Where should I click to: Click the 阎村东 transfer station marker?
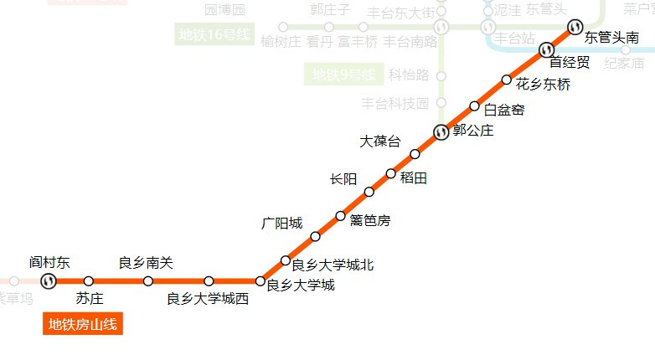[x=49, y=280]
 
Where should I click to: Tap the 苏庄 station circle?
[x=89, y=280]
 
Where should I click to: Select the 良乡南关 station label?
[x=146, y=263]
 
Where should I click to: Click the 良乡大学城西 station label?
[x=208, y=299]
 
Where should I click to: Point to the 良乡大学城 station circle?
[x=260, y=280]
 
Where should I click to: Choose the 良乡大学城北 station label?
[x=333, y=265]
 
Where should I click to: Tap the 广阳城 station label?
[x=281, y=224]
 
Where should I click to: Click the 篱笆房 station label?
[x=370, y=221]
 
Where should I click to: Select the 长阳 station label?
[x=343, y=179]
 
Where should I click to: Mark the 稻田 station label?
[x=414, y=177]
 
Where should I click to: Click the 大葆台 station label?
[x=380, y=141]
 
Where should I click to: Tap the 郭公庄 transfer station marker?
[x=441, y=131]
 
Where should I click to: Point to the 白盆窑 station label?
[x=504, y=109]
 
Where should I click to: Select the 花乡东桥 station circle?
[x=506, y=80]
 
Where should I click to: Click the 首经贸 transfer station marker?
[x=546, y=48]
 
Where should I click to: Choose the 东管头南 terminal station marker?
[x=575, y=27]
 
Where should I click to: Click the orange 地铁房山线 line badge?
[x=83, y=324]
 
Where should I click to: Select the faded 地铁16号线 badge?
[x=214, y=35]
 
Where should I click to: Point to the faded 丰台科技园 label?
[x=395, y=104]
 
